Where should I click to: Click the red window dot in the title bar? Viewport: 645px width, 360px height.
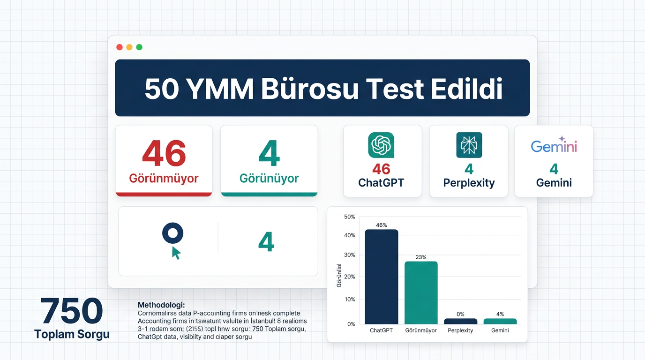(x=119, y=47)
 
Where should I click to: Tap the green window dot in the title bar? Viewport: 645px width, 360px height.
(x=139, y=47)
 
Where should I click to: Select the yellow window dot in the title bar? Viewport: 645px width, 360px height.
(x=129, y=47)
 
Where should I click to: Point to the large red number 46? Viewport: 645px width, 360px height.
(x=164, y=153)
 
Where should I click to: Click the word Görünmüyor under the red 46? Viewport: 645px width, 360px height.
(x=164, y=179)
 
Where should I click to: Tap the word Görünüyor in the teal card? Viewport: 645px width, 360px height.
(x=269, y=179)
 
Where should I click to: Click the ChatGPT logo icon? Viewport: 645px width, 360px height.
(x=381, y=145)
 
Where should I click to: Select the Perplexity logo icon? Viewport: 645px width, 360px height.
(x=469, y=145)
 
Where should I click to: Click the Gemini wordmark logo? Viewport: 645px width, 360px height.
(x=554, y=146)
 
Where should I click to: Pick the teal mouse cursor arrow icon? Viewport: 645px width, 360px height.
(x=176, y=253)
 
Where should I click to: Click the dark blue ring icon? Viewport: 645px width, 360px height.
(x=172, y=233)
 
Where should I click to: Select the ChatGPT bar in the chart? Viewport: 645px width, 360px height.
(x=381, y=277)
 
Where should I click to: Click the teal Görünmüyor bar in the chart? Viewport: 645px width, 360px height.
(x=421, y=292)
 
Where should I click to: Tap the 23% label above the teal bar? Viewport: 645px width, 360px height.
(x=421, y=257)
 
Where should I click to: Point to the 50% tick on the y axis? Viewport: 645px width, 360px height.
(x=350, y=217)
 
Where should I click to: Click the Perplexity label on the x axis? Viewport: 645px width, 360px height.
(x=460, y=330)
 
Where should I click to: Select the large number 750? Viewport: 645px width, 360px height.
(x=72, y=311)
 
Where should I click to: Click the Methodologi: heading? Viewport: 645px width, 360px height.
(x=161, y=305)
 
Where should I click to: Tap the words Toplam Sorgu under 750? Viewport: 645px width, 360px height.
(x=72, y=334)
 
